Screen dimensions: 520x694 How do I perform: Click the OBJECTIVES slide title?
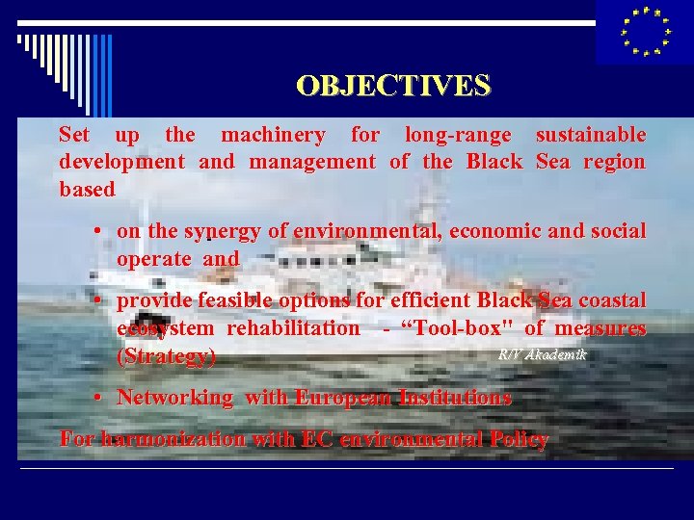pyautogui.click(x=393, y=86)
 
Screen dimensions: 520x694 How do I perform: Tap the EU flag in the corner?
pyautogui.click(x=645, y=32)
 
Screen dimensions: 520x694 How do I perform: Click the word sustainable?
pyautogui.click(x=590, y=135)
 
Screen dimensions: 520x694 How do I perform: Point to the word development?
pyautogui.click(x=121, y=162)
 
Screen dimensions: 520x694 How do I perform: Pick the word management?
pyautogui.click(x=312, y=162)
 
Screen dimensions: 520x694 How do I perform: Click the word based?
pyautogui.click(x=87, y=190)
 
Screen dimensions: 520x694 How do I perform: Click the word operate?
pyautogui.click(x=153, y=259)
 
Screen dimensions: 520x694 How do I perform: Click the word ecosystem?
pyautogui.click(x=166, y=328)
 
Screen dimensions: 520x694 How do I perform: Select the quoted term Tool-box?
pyautogui.click(x=457, y=328)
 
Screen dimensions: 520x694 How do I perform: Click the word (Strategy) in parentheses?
pyautogui.click(x=166, y=357)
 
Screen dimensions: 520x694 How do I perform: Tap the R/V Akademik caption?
pyautogui.click(x=542, y=354)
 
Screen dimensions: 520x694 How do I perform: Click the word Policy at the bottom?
pyautogui.click(x=516, y=440)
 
